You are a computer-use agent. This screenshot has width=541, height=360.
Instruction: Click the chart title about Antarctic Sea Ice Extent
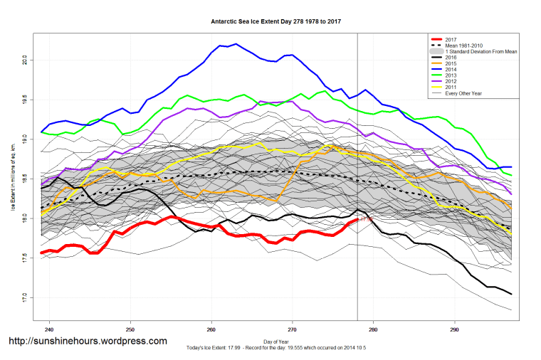(x=276, y=21)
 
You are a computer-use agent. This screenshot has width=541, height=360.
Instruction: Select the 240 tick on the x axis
(x=49, y=330)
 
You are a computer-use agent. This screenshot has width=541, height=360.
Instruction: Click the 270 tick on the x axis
(x=292, y=330)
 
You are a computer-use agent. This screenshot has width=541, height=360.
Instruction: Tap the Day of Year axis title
(x=276, y=342)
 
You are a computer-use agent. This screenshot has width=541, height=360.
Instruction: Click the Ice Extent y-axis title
(x=12, y=178)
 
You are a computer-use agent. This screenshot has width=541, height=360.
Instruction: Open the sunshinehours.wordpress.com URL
(x=88, y=342)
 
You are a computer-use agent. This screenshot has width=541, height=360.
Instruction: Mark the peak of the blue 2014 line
(x=236, y=44)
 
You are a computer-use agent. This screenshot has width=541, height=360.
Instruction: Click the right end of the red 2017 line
(x=357, y=220)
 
